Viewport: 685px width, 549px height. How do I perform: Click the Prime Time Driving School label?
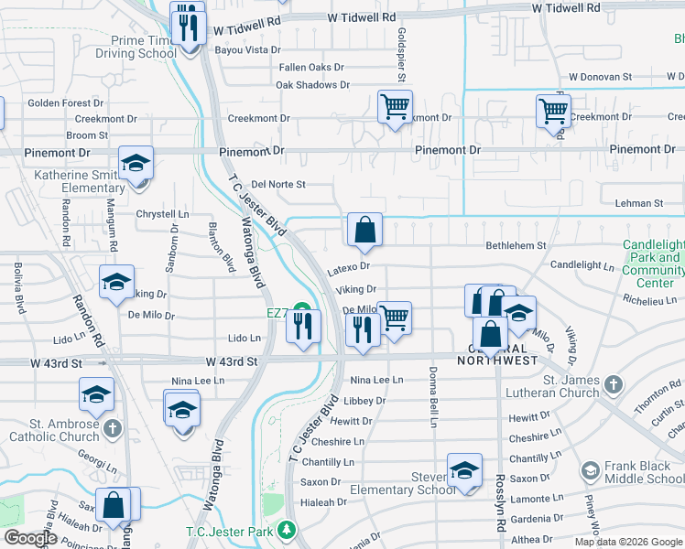tap(136, 47)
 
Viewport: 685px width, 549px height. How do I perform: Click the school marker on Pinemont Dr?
tap(136, 165)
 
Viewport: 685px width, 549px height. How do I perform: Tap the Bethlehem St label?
tap(516, 245)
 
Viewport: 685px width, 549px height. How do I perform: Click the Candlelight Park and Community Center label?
tap(653, 264)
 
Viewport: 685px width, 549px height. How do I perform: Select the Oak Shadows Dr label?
tap(313, 85)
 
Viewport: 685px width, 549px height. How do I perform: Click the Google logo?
tap(30, 538)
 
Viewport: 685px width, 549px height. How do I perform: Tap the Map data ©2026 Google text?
tap(628, 542)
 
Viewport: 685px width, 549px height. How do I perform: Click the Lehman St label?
tap(639, 203)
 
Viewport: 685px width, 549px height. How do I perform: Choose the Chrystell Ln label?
tap(162, 214)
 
